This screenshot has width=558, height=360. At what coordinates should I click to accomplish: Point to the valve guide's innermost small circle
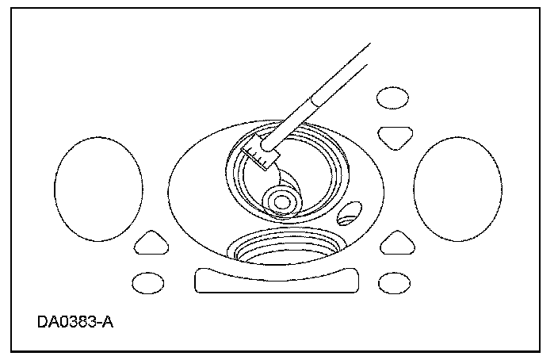point(280,202)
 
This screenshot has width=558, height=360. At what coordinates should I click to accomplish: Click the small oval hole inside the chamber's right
point(349,213)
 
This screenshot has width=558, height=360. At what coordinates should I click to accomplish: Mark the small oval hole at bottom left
point(147,281)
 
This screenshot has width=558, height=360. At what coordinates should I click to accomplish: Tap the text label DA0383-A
point(75,323)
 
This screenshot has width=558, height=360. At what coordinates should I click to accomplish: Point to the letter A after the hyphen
point(109,323)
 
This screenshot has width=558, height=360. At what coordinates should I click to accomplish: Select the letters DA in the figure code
point(47,323)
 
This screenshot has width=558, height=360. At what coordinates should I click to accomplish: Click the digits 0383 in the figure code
point(80,323)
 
